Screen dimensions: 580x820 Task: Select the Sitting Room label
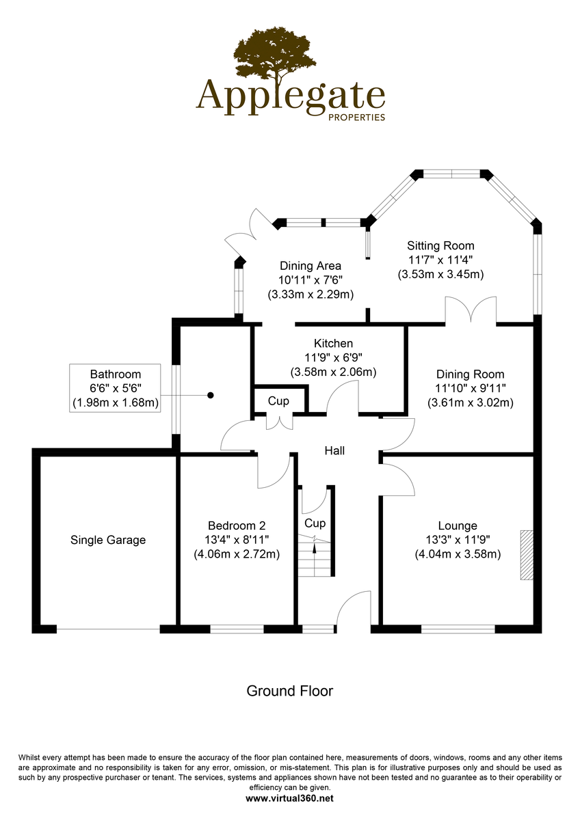(440, 246)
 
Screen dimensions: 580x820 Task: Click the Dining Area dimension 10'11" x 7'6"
(311, 280)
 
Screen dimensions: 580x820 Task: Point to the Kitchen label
(333, 343)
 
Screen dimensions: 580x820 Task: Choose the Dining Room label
(470, 374)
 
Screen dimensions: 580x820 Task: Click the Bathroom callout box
(116, 389)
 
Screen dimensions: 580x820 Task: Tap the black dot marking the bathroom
(211, 395)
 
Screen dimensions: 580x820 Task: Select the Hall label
(334, 451)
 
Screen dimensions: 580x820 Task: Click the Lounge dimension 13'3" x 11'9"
(458, 540)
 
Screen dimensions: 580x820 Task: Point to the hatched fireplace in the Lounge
(525, 554)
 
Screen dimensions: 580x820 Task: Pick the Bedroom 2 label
(237, 525)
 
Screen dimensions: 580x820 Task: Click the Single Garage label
(108, 540)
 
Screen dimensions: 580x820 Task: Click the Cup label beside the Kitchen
(278, 401)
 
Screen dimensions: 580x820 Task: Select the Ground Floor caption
(289, 691)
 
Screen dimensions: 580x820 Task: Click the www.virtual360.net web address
(289, 797)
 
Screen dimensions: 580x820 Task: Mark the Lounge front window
(458, 629)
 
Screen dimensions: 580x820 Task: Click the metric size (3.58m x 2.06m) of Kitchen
(333, 372)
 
